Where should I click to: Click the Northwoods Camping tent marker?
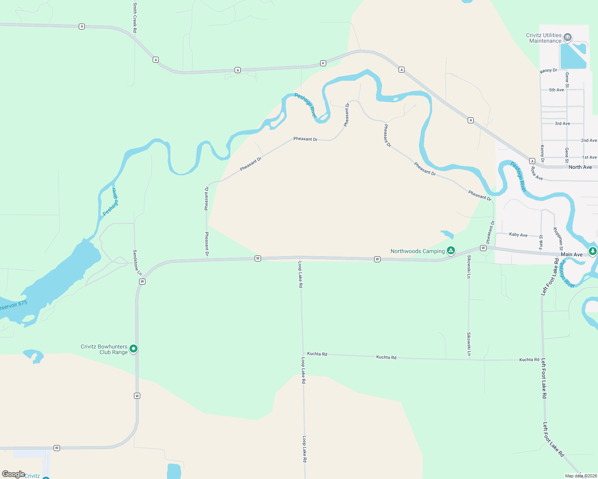click(451, 251)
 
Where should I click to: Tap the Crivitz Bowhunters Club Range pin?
click(134, 349)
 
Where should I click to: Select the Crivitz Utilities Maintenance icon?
click(568, 38)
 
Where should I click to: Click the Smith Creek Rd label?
click(135, 18)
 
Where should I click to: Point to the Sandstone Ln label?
click(137, 262)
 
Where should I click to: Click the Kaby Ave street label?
click(518, 235)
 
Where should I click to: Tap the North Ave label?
click(580, 167)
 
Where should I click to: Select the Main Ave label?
click(572, 254)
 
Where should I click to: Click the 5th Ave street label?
click(556, 90)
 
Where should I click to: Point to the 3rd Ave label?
click(562, 124)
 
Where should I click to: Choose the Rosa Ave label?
click(536, 174)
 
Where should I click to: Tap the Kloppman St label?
click(558, 239)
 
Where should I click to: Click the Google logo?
click(13, 474)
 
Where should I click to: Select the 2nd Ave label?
click(589, 141)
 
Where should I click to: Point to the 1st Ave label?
click(589, 157)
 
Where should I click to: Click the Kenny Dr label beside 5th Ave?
click(548, 71)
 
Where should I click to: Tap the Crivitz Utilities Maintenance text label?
click(544, 38)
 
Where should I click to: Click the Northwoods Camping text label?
click(417, 251)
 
